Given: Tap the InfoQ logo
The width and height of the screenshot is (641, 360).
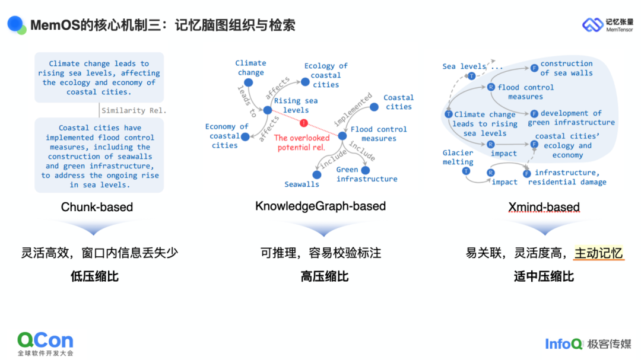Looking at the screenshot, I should (x=564, y=343).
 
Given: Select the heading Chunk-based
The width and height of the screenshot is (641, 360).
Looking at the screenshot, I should (x=97, y=207).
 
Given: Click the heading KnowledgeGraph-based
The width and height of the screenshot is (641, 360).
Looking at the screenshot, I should (x=320, y=206).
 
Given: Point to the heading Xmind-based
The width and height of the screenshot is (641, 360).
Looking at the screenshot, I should (x=544, y=207).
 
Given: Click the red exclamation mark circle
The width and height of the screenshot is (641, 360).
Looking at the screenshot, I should (x=304, y=123).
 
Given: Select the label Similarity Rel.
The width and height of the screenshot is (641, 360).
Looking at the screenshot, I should (x=134, y=110).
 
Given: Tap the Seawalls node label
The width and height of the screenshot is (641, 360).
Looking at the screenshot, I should (x=302, y=184).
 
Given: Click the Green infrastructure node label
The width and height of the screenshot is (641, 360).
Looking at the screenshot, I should (x=367, y=174).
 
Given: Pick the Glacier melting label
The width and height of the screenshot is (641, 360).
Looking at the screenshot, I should (x=458, y=157).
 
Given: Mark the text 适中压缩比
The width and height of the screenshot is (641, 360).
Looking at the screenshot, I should (x=544, y=276).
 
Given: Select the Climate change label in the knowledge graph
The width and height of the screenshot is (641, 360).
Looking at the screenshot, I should (x=250, y=68).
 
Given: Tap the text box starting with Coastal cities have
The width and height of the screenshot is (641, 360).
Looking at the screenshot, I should (x=99, y=156).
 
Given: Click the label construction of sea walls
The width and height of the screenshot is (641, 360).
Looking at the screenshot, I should (x=566, y=68).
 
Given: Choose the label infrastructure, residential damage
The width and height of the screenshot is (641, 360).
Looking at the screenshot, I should (x=567, y=177).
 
